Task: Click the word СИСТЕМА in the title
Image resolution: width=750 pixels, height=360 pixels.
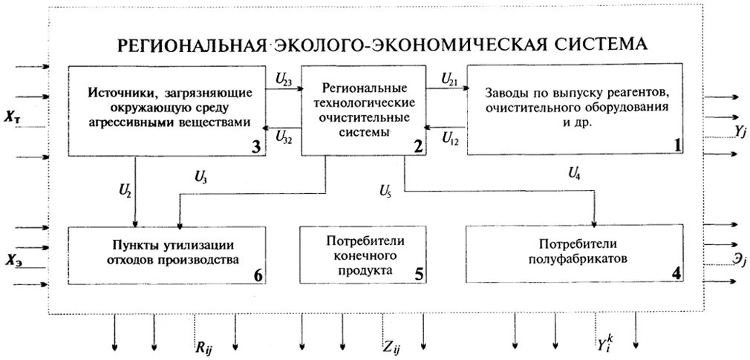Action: pos(596,44)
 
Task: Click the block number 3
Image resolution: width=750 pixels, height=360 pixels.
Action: pos(255,145)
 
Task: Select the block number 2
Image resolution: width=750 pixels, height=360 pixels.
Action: pos(419,145)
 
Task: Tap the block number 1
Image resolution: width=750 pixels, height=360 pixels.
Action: pos(676,145)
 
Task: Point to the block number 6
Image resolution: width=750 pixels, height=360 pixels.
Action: pos(257,275)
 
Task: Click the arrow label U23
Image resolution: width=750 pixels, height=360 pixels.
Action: pos(283,76)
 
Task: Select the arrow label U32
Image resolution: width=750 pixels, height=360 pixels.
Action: pos(283,136)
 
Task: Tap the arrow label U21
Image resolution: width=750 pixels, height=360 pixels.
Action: pos(449,76)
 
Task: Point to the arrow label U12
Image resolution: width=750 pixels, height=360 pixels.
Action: pos(450,137)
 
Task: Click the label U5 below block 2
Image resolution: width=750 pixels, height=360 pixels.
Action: pos(385,192)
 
